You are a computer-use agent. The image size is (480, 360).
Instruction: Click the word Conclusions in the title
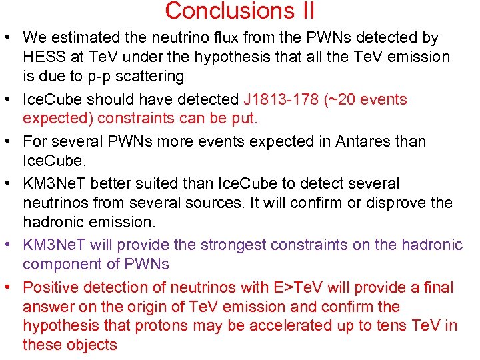pos(221,11)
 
